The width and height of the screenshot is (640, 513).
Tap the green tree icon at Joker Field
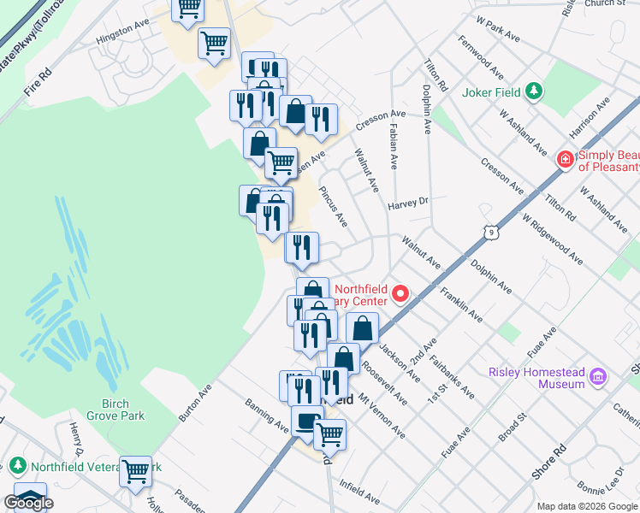tap(534, 91)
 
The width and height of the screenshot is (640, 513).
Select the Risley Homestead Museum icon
tap(597, 377)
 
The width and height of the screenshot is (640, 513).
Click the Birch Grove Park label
tap(110, 410)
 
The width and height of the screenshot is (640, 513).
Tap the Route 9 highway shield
tap(489, 232)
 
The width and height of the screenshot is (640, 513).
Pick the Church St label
tap(606, 3)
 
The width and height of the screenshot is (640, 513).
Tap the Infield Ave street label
tap(359, 493)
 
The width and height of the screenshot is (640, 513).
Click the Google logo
tap(28, 503)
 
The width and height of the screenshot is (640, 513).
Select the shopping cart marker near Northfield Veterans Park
tap(136, 471)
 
